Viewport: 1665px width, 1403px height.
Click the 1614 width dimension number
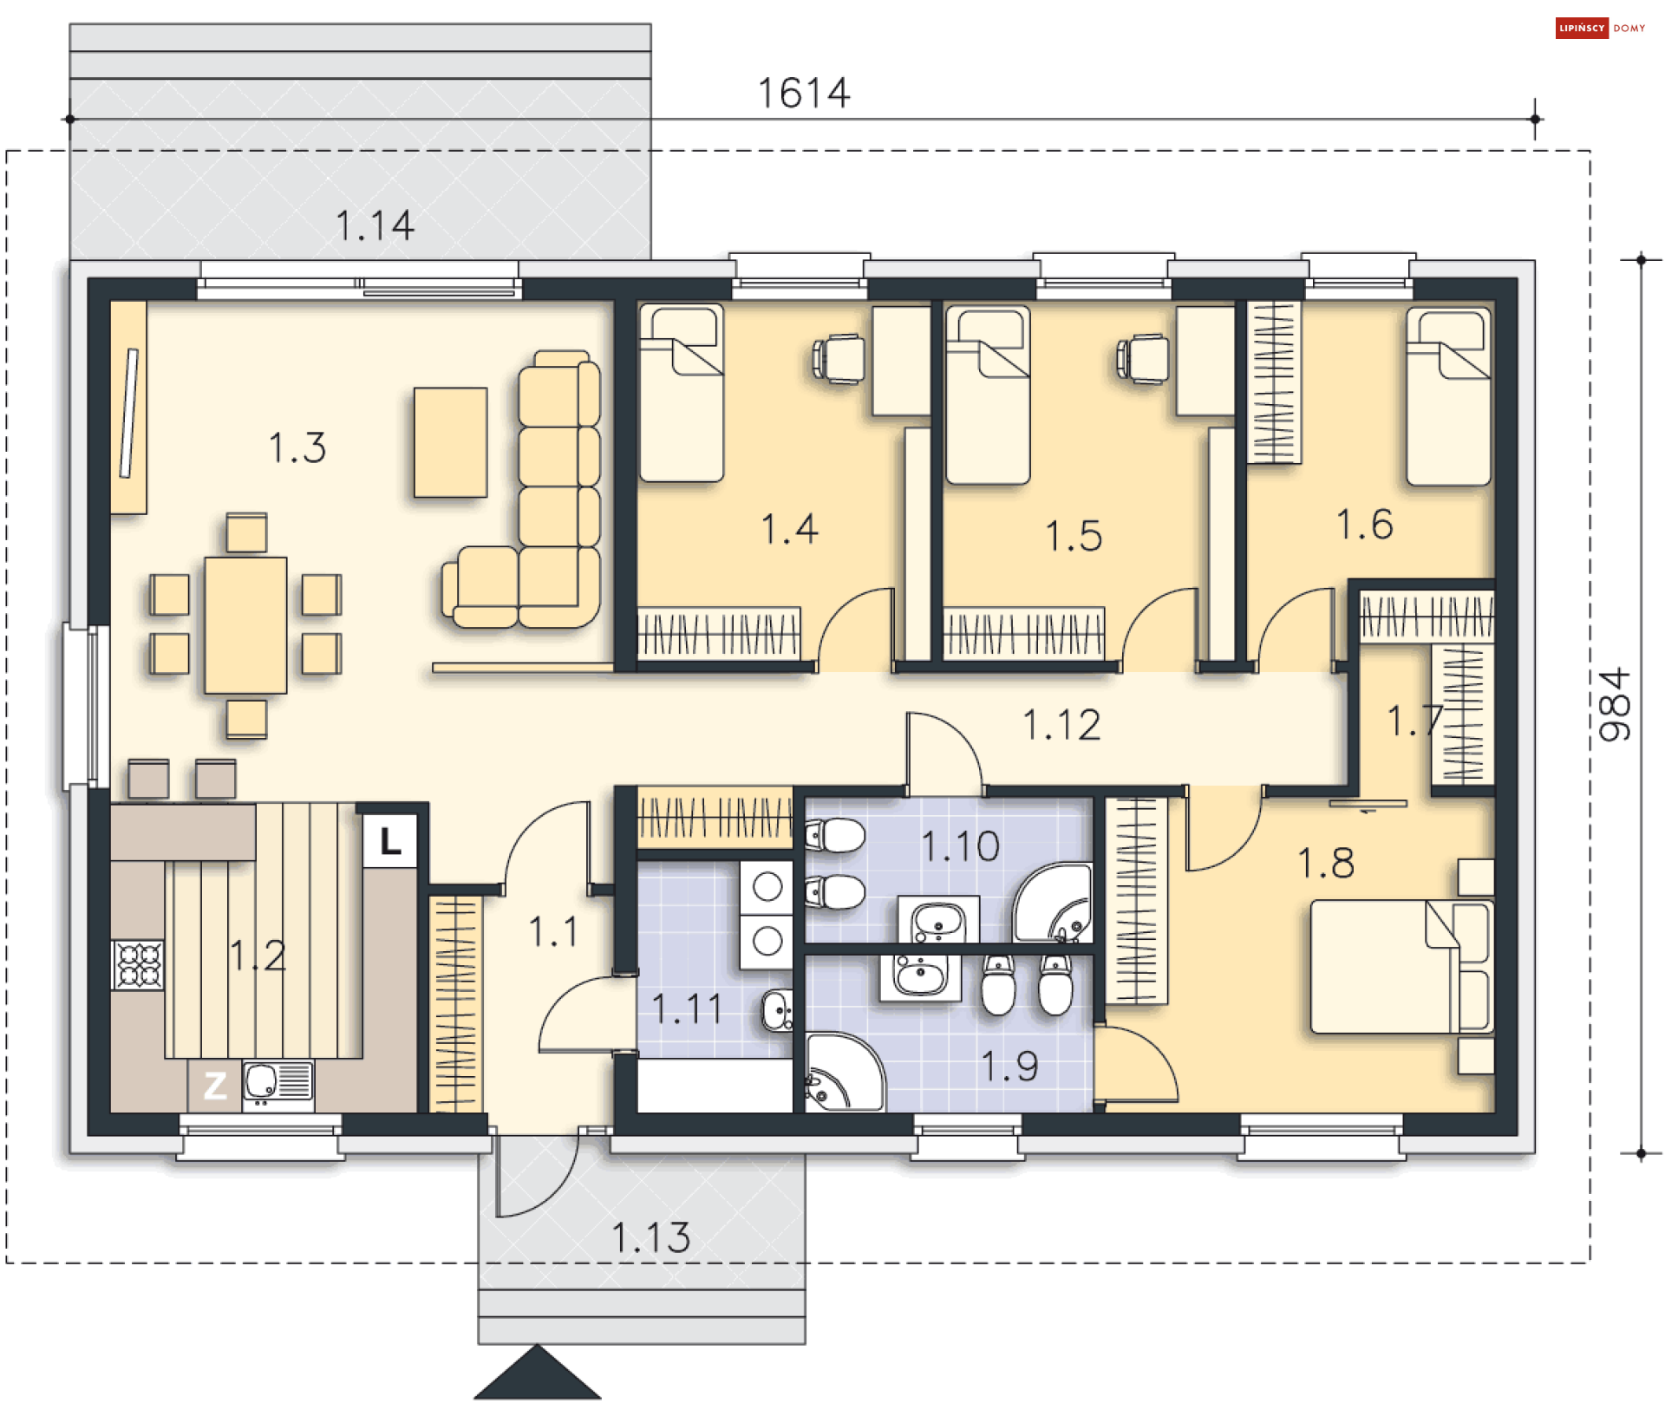803,93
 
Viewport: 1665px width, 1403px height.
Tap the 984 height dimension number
1614,704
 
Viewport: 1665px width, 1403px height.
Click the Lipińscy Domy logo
1599,28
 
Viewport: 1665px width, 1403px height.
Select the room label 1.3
297,448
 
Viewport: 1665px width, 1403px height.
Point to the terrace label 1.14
375,225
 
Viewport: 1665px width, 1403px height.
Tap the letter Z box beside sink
214,1085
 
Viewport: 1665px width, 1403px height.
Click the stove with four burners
138,964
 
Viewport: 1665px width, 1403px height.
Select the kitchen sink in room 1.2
277,1083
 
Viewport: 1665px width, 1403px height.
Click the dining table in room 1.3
245,625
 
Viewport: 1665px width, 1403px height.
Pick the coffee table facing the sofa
450,442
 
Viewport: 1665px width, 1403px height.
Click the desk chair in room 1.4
839,358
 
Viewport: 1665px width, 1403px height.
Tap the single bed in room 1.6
1448,396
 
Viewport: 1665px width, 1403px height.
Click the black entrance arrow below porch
537,1373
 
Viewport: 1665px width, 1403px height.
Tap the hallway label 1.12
1061,725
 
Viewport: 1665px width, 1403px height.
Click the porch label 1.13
650,1237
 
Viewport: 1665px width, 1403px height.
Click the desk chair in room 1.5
1144,358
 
